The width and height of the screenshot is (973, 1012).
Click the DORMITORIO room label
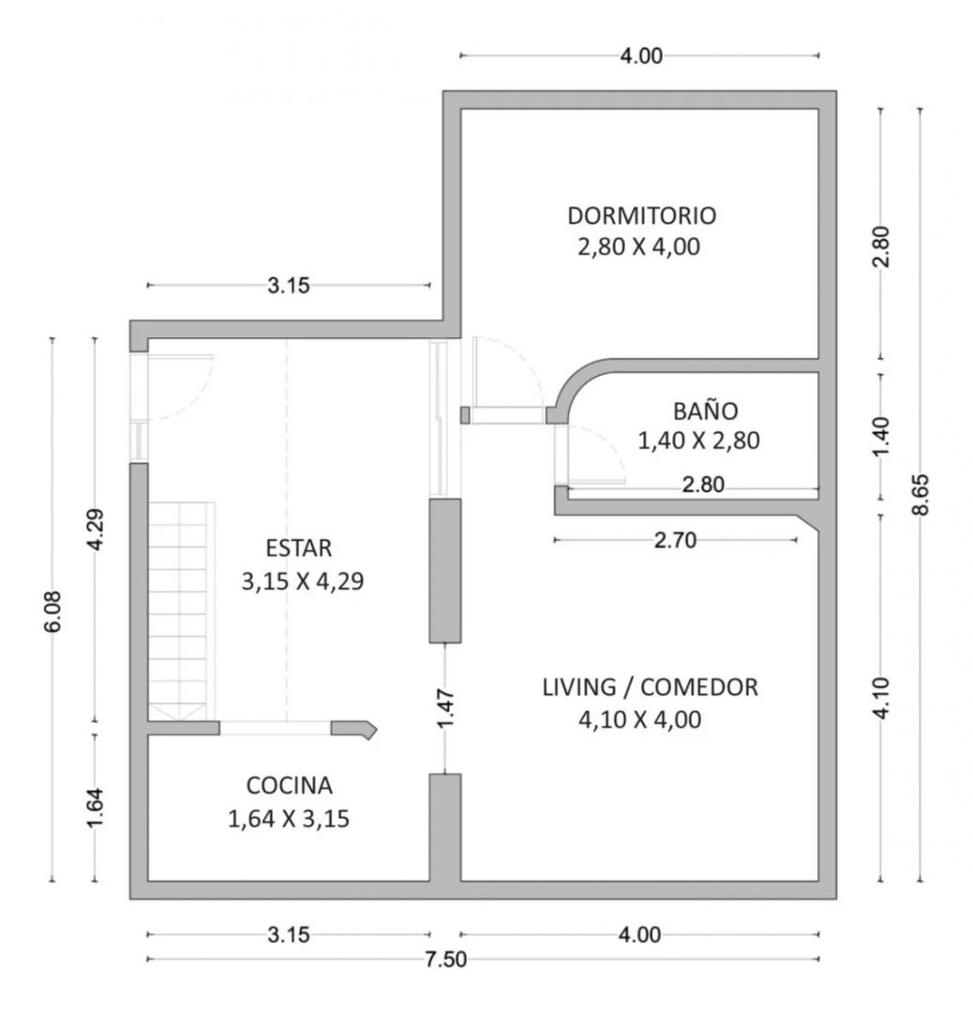pyautogui.click(x=642, y=216)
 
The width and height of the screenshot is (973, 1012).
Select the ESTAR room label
pyautogui.click(x=299, y=548)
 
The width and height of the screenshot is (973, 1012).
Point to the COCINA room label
pyautogui.click(x=290, y=785)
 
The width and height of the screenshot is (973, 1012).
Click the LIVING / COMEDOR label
pyautogui.click(x=651, y=688)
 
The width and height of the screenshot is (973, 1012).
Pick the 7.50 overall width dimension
pyautogui.click(x=445, y=960)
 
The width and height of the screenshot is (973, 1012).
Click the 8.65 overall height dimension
pyautogui.click(x=921, y=495)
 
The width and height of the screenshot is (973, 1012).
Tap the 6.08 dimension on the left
pyautogui.click(x=52, y=611)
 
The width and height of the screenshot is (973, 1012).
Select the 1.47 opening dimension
pyautogui.click(x=445, y=708)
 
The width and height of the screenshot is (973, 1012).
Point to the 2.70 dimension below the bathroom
pyautogui.click(x=675, y=540)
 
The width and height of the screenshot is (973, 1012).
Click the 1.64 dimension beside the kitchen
pyautogui.click(x=95, y=808)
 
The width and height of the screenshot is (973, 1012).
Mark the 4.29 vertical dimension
pyautogui.click(x=95, y=529)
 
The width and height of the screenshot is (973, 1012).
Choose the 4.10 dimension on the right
pyautogui.click(x=881, y=697)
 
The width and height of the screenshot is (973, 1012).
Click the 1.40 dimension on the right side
pyautogui.click(x=881, y=437)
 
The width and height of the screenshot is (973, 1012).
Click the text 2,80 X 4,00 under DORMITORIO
pyautogui.click(x=638, y=247)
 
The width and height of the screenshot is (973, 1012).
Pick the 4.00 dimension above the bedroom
pyautogui.click(x=641, y=56)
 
